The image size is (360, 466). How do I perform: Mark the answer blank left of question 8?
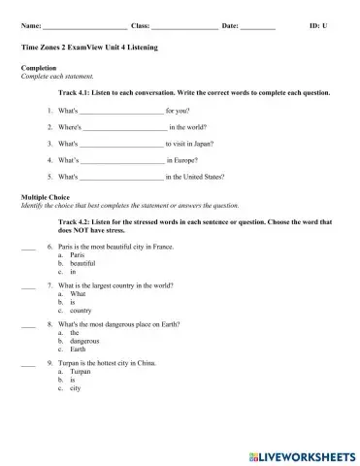pos(27,349)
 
